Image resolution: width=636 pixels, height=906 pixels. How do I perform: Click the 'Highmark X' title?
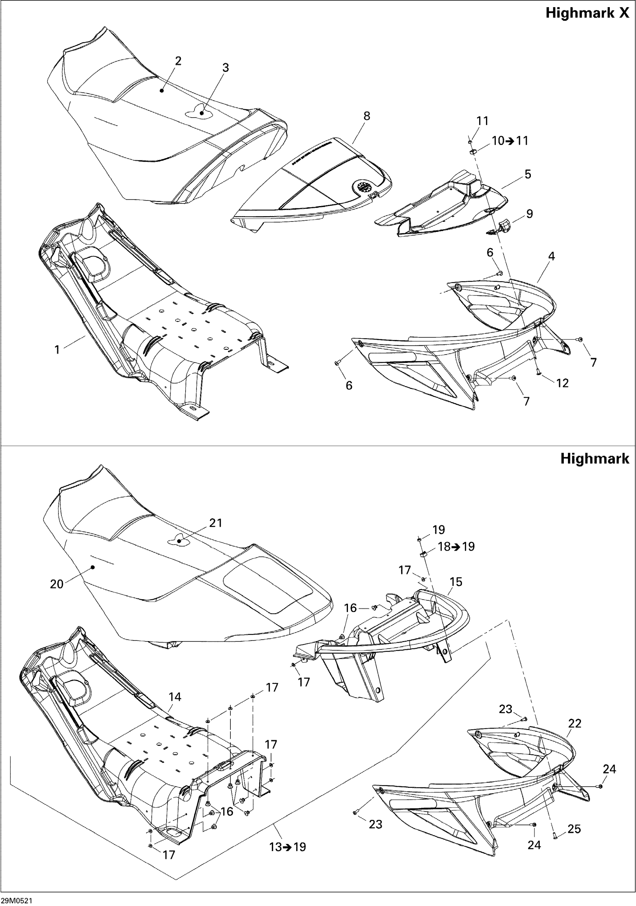pyautogui.click(x=587, y=13)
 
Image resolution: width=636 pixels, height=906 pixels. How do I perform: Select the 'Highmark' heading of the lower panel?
pyautogui.click(x=594, y=459)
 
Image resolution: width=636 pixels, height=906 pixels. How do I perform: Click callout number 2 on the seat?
pyautogui.click(x=178, y=61)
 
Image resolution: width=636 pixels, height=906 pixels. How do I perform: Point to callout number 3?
pyautogui.click(x=225, y=68)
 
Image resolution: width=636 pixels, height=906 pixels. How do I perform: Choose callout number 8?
pyautogui.click(x=367, y=116)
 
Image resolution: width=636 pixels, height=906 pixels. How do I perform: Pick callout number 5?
pyautogui.click(x=528, y=174)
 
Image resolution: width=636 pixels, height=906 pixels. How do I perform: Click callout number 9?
pyautogui.click(x=529, y=214)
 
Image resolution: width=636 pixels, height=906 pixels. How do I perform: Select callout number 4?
pyautogui.click(x=551, y=257)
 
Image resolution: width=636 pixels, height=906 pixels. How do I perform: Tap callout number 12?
pyautogui.click(x=562, y=383)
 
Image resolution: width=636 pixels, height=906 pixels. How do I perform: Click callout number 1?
pyautogui.click(x=57, y=350)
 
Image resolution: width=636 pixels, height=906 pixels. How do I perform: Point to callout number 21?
pyautogui.click(x=215, y=523)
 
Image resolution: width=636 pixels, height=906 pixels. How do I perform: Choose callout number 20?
pyautogui.click(x=57, y=584)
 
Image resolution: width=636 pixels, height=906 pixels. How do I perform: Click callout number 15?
pyautogui.click(x=456, y=582)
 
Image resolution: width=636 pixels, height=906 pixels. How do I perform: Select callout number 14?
pyautogui.click(x=175, y=697)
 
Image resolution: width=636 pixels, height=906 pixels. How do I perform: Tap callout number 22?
pyautogui.click(x=575, y=723)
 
